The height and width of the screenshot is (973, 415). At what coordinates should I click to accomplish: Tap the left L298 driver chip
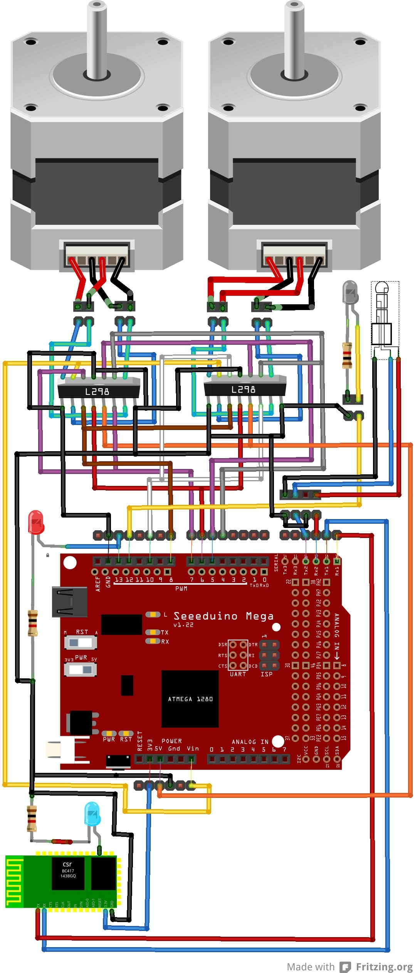tap(98, 391)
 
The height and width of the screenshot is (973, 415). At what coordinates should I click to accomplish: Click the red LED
tap(36, 522)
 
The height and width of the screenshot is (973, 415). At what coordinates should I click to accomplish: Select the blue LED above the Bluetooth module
tap(92, 814)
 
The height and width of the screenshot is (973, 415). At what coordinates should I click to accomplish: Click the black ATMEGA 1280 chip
tap(190, 699)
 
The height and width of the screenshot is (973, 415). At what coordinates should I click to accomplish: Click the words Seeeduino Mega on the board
tap(223, 616)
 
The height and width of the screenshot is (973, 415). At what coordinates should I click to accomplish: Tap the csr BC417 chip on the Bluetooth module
tap(68, 873)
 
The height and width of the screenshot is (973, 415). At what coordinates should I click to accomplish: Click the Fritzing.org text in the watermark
tap(384, 967)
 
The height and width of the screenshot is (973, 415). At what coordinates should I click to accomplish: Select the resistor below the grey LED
tap(347, 355)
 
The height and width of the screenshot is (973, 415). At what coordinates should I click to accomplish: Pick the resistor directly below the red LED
tap(33, 622)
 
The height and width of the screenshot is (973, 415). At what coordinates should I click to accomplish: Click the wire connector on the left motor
tap(97, 255)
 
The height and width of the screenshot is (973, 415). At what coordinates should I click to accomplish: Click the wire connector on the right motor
tap(294, 255)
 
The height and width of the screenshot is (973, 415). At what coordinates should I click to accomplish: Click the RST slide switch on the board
tap(80, 642)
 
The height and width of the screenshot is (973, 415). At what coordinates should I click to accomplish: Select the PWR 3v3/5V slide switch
tap(80, 669)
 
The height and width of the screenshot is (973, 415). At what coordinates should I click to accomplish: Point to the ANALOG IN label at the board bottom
tap(250, 742)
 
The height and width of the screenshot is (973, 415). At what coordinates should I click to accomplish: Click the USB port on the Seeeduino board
tap(69, 602)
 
